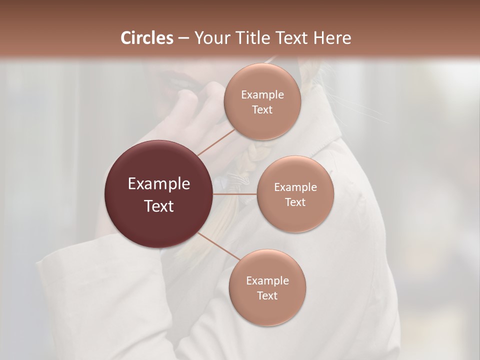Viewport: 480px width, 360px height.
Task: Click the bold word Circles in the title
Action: pyautogui.click(x=147, y=38)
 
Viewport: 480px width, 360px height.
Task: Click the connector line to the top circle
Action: pyautogui.click(x=215, y=141)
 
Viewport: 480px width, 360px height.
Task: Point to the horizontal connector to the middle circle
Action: pyautogui.click(x=235, y=194)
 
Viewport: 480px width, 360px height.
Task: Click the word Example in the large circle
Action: pyautogui.click(x=159, y=184)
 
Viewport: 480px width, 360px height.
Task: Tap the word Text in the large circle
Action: pyautogui.click(x=159, y=206)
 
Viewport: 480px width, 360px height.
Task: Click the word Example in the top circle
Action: pyautogui.click(x=262, y=95)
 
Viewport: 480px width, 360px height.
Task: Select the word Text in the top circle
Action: pyautogui.click(x=262, y=110)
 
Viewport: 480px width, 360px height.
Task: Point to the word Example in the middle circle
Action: pyautogui.click(x=295, y=187)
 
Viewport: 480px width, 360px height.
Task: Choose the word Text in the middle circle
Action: pyautogui.click(x=295, y=202)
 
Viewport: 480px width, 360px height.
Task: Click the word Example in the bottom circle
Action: pyautogui.click(x=267, y=281)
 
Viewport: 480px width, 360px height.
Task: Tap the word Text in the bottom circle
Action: pyautogui.click(x=267, y=296)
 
